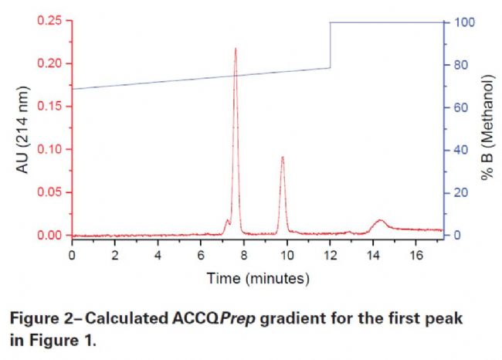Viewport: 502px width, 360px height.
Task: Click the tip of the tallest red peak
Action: pyautogui.click(x=236, y=49)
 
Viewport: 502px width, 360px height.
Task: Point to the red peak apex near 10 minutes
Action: pyautogui.click(x=283, y=157)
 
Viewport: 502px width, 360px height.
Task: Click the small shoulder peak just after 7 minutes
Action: pyautogui.click(x=228, y=220)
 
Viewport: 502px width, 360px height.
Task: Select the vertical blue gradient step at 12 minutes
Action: pyautogui.click(x=330, y=45)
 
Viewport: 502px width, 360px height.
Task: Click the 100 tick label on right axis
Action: pyautogui.click(x=461, y=22)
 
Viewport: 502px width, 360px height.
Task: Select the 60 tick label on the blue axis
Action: pyautogui.click(x=458, y=107)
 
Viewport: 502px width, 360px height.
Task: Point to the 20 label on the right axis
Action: pyautogui.click(x=458, y=192)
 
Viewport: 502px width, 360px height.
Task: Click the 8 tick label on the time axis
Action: pyautogui.click(x=244, y=253)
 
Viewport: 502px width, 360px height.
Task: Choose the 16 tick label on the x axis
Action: pyautogui.click(x=416, y=253)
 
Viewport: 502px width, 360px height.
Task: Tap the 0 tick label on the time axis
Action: pyautogui.click(x=72, y=253)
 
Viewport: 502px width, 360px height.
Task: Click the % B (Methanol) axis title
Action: pyautogui.click(x=487, y=128)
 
